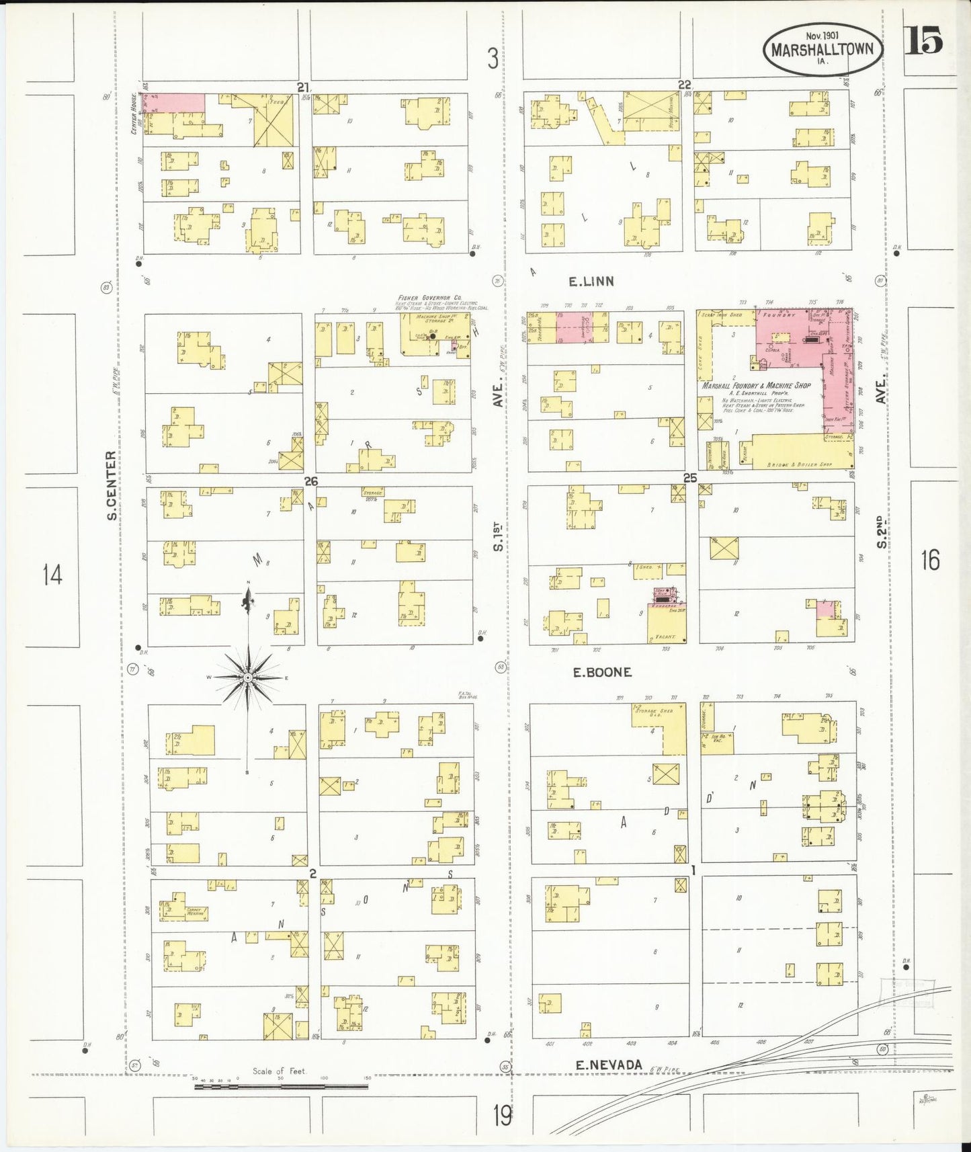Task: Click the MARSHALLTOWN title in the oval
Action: click(x=822, y=50)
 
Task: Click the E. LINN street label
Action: click(x=591, y=282)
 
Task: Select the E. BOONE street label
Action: click(x=602, y=672)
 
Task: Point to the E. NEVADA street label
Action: click(x=609, y=1065)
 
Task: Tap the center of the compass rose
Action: click(x=248, y=677)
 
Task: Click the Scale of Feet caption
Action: click(x=280, y=1071)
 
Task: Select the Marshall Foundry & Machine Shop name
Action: click(x=756, y=386)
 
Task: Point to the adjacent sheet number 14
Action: click(x=52, y=575)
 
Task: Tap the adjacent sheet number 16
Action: click(x=930, y=559)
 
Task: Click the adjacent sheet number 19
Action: click(x=502, y=1116)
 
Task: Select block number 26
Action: click(x=310, y=481)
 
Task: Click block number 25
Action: click(x=690, y=478)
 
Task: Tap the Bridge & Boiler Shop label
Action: click(x=799, y=464)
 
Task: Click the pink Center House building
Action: click(x=176, y=103)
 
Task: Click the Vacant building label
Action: click(x=665, y=636)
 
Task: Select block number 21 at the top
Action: click(x=303, y=87)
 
